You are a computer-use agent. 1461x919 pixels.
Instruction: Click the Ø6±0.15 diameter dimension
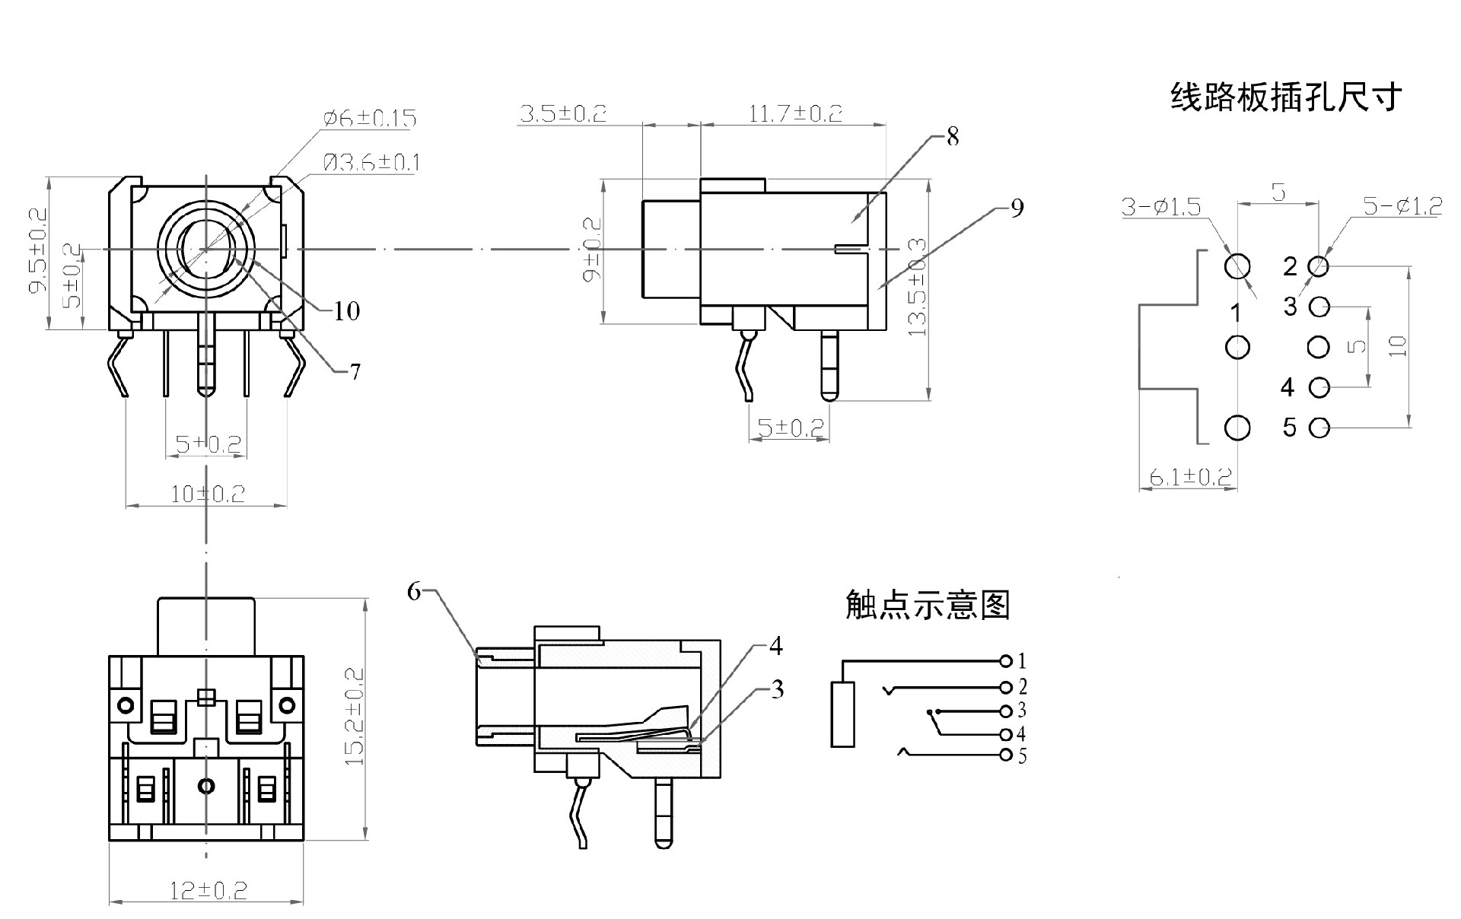[x=370, y=119]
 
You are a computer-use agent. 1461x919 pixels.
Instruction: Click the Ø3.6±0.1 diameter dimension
[x=371, y=163]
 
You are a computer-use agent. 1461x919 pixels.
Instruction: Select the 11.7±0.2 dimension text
[x=795, y=114]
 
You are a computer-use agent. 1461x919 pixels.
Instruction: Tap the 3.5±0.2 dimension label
[x=563, y=114]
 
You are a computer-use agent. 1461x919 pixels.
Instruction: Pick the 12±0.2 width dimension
[x=208, y=890]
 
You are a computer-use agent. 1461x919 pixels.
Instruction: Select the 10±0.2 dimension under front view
[x=207, y=494]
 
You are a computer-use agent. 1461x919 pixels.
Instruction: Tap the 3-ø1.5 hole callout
[x=1161, y=207]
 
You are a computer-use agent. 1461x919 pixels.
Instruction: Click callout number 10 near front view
[x=346, y=310]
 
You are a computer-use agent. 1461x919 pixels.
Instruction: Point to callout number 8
[x=953, y=137]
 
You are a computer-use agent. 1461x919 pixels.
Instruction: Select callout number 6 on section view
[x=414, y=591]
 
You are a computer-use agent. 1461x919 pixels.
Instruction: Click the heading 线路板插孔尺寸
[x=1285, y=97]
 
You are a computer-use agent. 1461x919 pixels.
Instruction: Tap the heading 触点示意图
[x=928, y=605]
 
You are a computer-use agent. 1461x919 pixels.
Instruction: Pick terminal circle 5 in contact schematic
[x=1006, y=755]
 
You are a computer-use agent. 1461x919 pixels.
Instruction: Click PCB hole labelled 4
[x=1319, y=388]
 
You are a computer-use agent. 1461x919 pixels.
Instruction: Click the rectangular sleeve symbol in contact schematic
[x=842, y=714]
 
